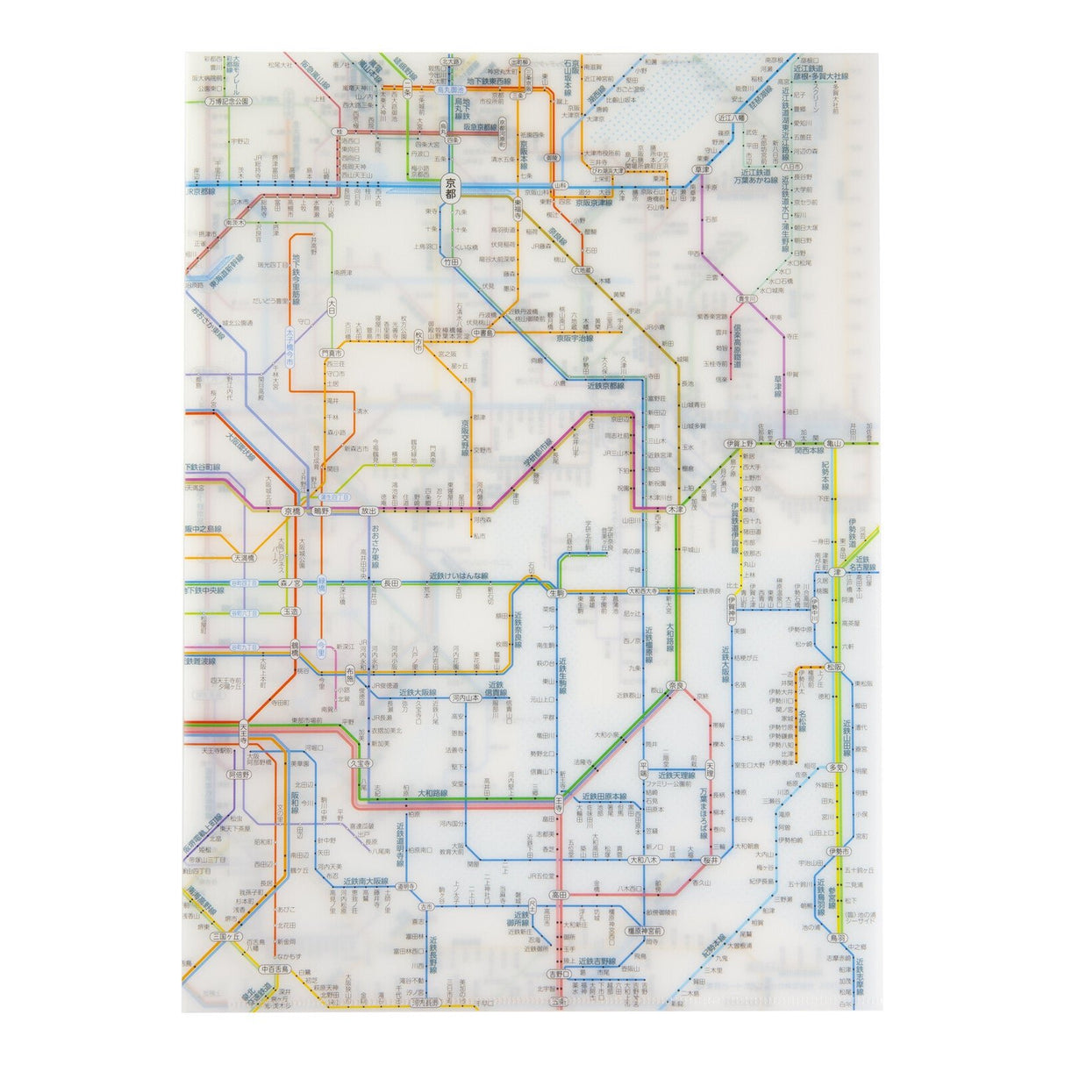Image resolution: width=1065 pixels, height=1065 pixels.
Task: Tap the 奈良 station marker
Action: click(x=675, y=683)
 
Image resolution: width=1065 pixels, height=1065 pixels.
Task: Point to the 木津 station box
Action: click(x=675, y=508)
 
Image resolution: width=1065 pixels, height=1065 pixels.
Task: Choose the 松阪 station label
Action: click(x=835, y=668)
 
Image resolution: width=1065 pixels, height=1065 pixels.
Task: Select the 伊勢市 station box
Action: click(x=837, y=852)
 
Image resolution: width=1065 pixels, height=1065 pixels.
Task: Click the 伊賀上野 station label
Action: click(x=740, y=445)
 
